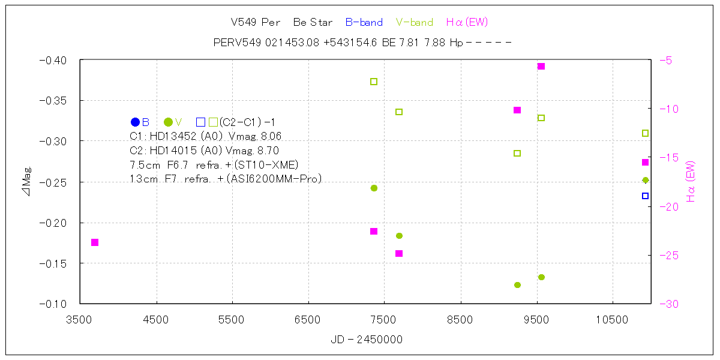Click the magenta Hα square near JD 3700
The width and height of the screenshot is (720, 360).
tap(95, 242)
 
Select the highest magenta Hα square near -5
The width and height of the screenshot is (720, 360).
tap(541, 66)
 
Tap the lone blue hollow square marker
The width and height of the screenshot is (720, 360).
tap(645, 196)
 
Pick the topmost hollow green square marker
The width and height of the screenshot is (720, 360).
tap(374, 82)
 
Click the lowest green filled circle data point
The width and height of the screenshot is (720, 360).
tap(517, 285)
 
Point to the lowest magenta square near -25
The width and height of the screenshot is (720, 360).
tap(399, 253)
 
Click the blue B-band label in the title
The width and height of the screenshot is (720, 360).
tap(364, 23)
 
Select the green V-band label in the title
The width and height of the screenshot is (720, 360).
tap(415, 23)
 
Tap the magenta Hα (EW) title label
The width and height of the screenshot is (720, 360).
tap(467, 23)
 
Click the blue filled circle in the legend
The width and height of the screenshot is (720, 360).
tap(135, 122)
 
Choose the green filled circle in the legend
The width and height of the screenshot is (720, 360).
tap(168, 122)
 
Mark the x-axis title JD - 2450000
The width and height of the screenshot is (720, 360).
tap(367, 340)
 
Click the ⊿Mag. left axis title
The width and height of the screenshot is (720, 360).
tap(27, 182)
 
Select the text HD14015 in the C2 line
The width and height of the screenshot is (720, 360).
tap(175, 151)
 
